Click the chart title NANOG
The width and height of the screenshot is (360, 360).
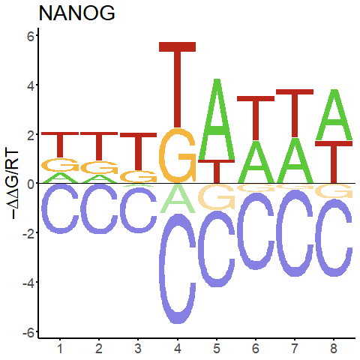click(76, 13)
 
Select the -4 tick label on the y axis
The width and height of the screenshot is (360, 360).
click(28, 283)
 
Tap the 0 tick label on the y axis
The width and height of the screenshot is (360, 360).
click(31, 184)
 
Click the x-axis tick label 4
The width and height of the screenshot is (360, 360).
click(178, 348)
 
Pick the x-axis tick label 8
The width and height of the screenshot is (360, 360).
click(334, 348)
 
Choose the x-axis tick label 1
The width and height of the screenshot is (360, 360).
click(60, 348)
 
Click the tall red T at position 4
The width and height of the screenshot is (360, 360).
click(178, 85)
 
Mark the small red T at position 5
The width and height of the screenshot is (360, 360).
click(217, 172)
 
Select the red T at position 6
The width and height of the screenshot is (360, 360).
click(256, 118)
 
